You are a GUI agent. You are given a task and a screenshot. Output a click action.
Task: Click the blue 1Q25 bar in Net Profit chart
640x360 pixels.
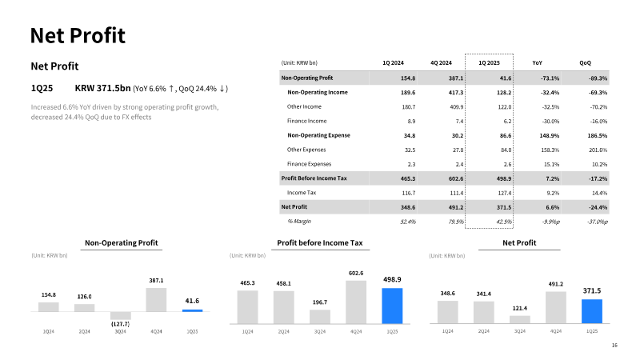591,311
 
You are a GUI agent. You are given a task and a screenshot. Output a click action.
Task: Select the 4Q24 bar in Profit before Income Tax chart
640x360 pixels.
356,302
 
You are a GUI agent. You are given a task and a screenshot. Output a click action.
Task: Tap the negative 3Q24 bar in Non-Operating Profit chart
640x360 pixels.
121,315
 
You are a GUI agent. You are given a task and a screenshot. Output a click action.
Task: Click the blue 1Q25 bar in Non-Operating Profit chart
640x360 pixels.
192,310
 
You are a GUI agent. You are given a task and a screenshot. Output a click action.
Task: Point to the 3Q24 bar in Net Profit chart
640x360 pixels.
519,319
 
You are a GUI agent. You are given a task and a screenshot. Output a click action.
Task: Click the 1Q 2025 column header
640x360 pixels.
489,63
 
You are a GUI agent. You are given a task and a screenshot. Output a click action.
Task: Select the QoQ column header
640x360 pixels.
585,63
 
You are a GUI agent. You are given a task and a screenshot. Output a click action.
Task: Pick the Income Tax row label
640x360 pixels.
302,193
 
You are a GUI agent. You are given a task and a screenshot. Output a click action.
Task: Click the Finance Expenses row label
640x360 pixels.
309,164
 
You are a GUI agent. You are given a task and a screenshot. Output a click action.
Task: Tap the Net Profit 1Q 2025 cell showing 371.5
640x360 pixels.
504,207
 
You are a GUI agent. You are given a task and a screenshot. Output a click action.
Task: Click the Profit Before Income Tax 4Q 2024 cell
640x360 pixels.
456,178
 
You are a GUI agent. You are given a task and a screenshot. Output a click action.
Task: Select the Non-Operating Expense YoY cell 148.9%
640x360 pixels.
550,135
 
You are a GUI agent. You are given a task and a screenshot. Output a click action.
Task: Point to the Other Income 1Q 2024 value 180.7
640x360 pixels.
409,107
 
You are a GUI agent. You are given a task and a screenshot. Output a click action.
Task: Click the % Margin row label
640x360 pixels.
299,222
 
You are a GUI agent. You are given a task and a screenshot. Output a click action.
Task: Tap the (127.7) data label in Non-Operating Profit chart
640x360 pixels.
121,324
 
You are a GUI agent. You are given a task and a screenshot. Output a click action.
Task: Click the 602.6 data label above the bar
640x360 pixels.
356,273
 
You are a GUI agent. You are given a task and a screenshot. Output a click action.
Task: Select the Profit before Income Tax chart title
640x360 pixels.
320,243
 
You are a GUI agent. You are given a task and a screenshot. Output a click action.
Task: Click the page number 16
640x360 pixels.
614,346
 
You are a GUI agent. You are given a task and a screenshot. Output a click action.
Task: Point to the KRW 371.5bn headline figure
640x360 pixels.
103,88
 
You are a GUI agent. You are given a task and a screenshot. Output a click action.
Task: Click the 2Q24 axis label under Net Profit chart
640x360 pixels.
484,331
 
